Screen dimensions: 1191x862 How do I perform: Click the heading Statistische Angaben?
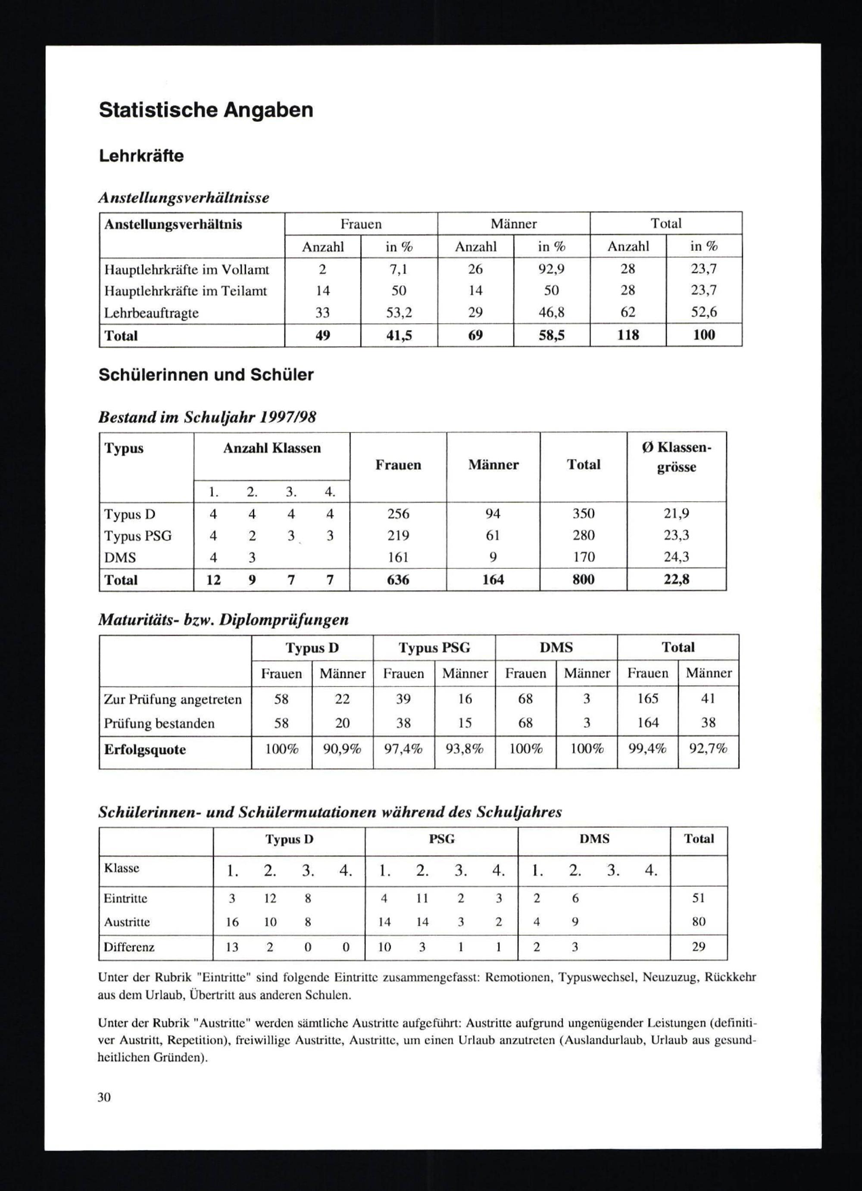coord(206,110)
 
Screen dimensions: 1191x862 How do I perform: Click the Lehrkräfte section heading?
coord(141,156)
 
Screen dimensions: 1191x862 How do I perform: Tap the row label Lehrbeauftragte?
coord(151,313)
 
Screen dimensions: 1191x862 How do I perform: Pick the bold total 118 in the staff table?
coord(628,335)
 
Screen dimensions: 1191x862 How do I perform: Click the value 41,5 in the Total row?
coord(399,335)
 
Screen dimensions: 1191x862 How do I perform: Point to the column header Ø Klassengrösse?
coord(676,457)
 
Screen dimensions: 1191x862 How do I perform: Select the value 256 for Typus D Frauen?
coord(398,514)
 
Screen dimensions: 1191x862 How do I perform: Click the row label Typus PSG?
coord(137,536)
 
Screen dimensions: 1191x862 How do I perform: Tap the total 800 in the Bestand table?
coord(583,580)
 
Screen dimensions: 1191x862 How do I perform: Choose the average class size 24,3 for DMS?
coord(677,557)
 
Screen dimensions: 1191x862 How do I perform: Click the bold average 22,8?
coord(677,580)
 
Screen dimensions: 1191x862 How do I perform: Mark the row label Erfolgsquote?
coord(145,749)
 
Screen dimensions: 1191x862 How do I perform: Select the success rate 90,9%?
coord(343,749)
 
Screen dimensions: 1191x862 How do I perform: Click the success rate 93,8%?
coord(464,749)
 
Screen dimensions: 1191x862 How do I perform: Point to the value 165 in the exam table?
coord(648,699)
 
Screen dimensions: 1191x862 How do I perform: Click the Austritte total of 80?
coord(699,922)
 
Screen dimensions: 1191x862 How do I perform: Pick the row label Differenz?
coord(129,948)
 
